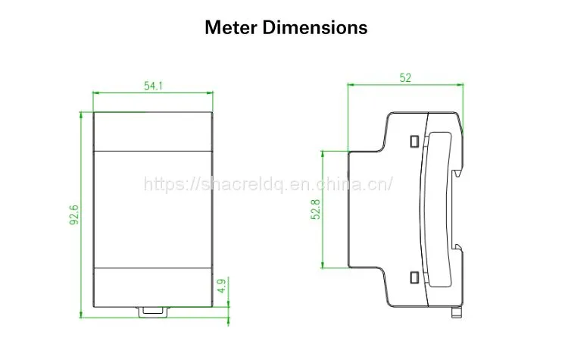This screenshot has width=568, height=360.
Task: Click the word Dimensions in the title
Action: point(315,27)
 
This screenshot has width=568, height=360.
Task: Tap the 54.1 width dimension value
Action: point(153,86)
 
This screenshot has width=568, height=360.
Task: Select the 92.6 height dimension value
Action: point(74,214)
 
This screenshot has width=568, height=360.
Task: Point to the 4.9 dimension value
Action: point(222,285)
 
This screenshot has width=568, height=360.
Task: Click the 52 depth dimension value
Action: point(405,77)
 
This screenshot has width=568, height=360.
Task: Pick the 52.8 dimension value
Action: point(316,209)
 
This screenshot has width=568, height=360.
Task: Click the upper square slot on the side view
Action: point(414,141)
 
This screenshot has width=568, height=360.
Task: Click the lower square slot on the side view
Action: point(414,277)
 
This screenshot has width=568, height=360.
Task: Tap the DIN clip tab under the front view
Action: point(153,311)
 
